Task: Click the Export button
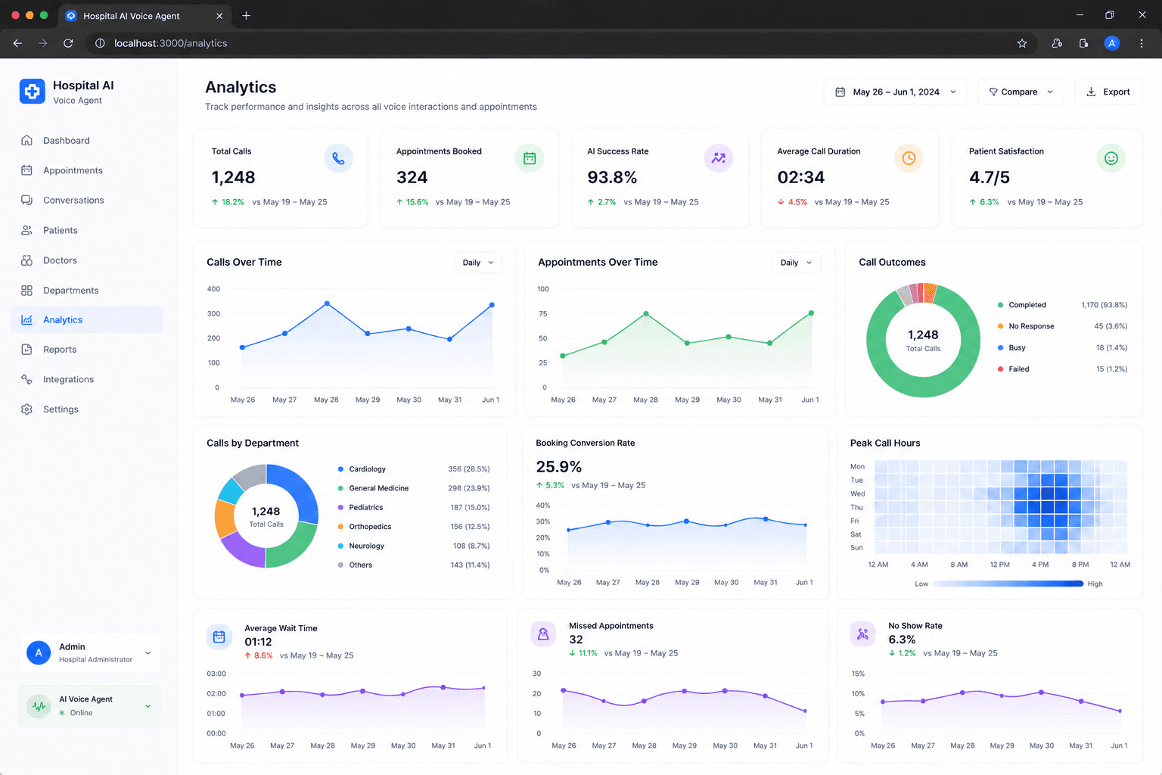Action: click(1108, 92)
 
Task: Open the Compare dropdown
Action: click(1021, 92)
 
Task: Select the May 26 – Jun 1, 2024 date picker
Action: click(896, 92)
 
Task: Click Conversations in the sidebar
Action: click(73, 200)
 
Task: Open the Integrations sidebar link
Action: click(68, 379)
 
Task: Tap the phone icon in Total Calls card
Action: click(338, 158)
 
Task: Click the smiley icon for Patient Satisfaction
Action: click(1111, 158)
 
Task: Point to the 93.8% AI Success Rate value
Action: click(611, 178)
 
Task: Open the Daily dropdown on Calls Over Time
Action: click(478, 263)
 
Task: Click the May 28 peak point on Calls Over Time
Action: click(327, 303)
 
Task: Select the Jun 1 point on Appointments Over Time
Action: click(811, 313)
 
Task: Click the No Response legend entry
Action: click(1031, 326)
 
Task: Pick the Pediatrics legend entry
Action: click(365, 507)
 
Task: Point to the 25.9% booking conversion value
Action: click(559, 467)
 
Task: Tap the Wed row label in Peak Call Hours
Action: click(857, 493)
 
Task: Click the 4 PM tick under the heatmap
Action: click(1040, 565)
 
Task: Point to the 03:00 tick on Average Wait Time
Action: click(216, 674)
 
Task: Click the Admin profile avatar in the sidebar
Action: click(39, 652)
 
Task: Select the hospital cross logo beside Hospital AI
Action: click(33, 92)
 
